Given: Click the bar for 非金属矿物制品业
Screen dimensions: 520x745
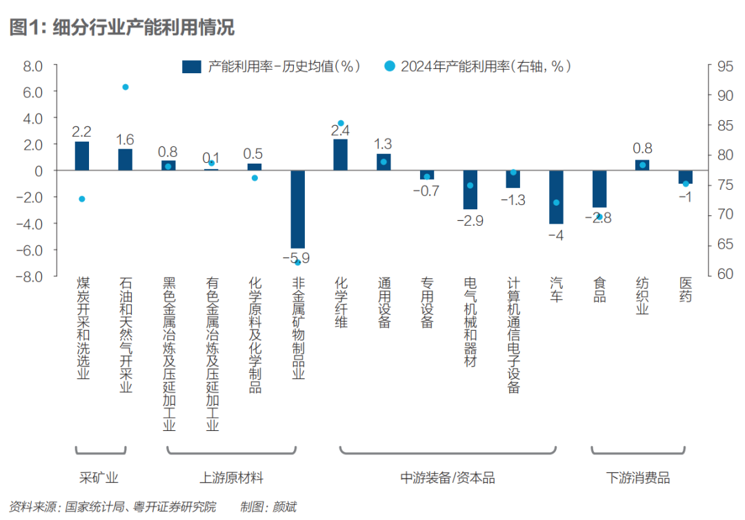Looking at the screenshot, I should [297, 209].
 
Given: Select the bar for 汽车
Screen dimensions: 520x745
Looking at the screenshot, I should [556, 197].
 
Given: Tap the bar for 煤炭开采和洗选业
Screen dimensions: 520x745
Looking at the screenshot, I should [82, 156].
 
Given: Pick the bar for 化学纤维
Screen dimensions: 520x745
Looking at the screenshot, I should [340, 155].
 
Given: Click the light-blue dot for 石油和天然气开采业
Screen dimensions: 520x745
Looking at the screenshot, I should [126, 87].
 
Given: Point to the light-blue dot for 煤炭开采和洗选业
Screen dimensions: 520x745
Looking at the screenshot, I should [82, 199].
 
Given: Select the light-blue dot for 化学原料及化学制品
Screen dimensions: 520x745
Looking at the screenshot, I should [255, 177].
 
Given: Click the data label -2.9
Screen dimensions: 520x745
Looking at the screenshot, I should [470, 221].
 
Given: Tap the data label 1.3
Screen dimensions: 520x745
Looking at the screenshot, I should [384, 144].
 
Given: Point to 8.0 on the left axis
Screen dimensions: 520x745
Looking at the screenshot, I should [33, 66].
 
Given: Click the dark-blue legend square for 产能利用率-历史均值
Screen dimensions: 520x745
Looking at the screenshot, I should [191, 66].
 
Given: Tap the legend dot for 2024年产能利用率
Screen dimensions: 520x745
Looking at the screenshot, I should [390, 66].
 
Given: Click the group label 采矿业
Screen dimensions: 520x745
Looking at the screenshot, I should [99, 477].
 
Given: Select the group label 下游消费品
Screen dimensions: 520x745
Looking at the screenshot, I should [638, 477].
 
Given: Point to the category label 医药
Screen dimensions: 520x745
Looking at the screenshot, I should [686, 289].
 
